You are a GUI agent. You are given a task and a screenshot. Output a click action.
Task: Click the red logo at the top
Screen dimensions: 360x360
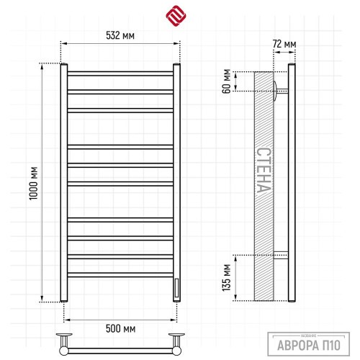(176, 16)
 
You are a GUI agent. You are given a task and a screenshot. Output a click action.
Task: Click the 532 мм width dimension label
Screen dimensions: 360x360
(120, 35)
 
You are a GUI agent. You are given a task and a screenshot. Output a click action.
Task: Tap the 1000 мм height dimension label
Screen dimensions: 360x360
(33, 184)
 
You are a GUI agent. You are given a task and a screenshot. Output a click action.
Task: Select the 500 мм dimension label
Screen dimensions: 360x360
(120, 328)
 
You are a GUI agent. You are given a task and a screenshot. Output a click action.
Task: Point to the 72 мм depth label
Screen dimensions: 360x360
(284, 44)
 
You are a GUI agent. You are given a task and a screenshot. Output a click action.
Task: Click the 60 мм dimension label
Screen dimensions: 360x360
(227, 81)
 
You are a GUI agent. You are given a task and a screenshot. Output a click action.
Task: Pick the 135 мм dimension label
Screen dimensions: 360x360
(227, 278)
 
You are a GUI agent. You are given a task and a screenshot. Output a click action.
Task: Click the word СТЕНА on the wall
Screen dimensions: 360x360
(264, 170)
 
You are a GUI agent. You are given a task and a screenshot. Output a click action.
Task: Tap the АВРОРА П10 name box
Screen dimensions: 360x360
(309, 344)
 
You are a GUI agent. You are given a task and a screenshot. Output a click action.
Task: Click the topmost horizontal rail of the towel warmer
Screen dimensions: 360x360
(120, 73)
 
